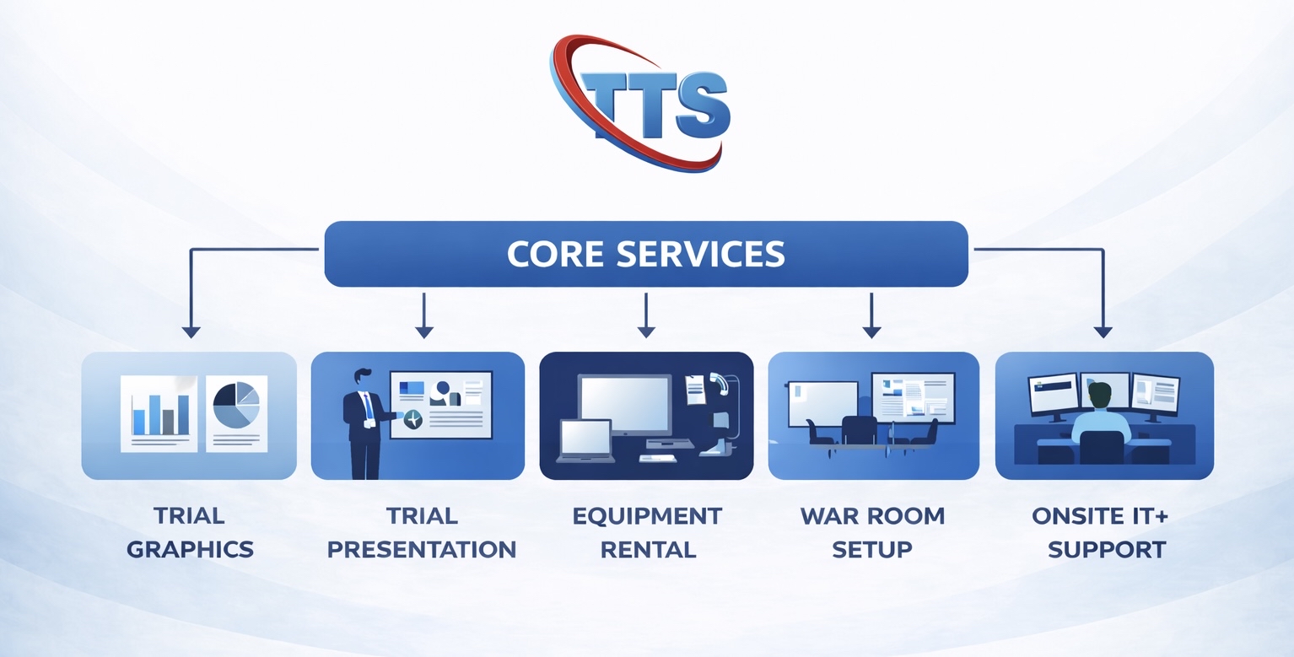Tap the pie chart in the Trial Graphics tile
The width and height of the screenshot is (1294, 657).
[235, 404]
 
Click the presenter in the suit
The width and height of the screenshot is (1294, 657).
[363, 422]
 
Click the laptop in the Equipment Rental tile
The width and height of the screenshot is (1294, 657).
[585, 440]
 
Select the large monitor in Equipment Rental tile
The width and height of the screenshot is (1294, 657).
[625, 404]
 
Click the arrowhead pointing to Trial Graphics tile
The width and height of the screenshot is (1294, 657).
[191, 331]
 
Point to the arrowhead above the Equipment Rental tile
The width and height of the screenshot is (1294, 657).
[646, 331]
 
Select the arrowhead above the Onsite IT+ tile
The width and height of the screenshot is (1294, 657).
[1103, 331]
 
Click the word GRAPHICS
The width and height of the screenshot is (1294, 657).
[190, 550]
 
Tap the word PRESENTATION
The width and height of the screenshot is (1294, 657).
[422, 550]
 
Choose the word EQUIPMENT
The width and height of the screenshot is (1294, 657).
[647, 515]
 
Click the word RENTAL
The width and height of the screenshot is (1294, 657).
[647, 550]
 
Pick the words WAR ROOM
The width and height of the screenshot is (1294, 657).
[872, 515]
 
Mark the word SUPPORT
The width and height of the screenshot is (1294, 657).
[1106, 550]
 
